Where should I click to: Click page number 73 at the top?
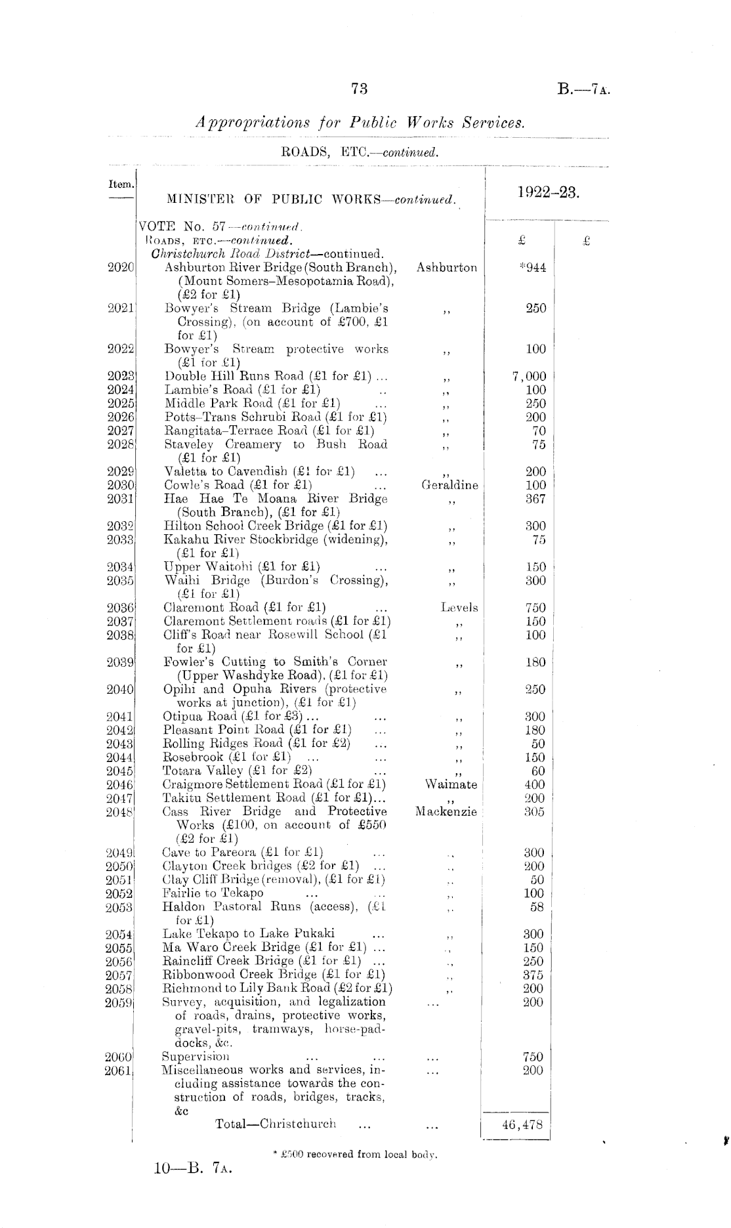(359, 89)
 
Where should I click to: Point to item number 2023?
(121, 376)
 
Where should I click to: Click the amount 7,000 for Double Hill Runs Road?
(529, 376)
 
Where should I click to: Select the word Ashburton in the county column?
(446, 268)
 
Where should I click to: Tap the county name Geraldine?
(449, 485)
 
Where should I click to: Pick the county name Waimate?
(451, 784)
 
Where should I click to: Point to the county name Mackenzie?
(446, 812)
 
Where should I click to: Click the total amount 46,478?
(522, 1124)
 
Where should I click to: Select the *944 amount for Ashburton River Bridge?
(532, 268)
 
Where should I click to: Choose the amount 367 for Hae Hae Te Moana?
(535, 499)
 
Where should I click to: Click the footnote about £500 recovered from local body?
(355, 1154)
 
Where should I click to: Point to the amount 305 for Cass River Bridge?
(534, 812)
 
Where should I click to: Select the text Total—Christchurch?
(276, 1123)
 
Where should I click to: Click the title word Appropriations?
(253, 122)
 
